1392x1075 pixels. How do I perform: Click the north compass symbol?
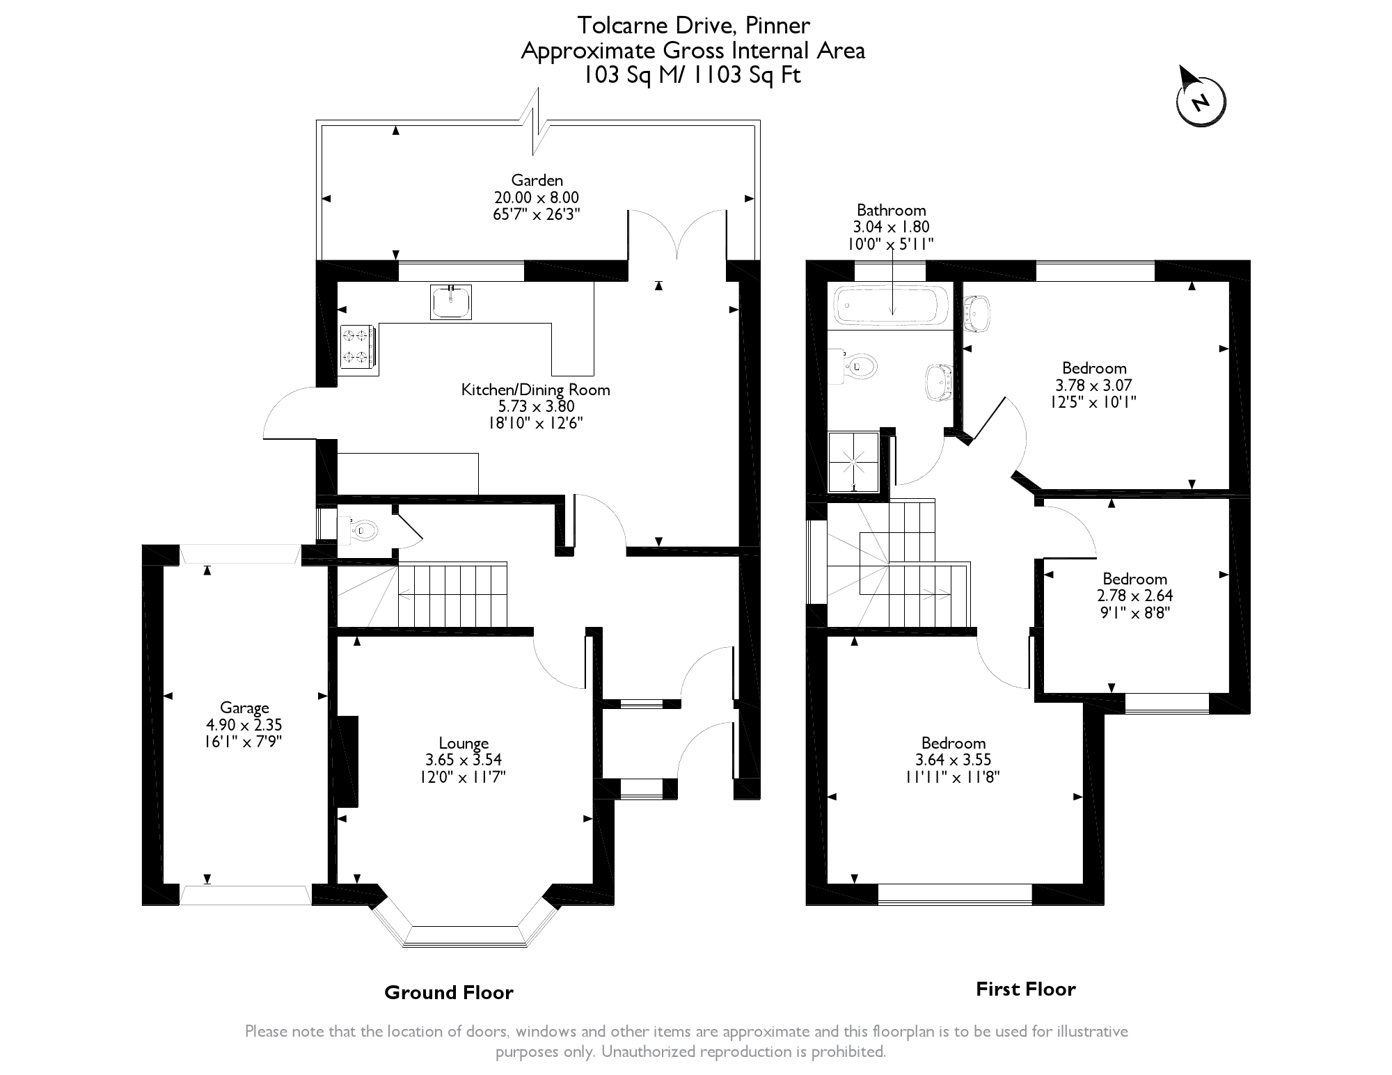tap(1201, 102)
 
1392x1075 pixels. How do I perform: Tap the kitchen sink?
tap(451, 302)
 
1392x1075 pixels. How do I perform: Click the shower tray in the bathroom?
tap(853, 461)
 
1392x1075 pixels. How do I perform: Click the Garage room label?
tap(244, 708)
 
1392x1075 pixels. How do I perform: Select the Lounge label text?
tap(464, 743)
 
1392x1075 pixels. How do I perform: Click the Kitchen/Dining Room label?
tap(535, 390)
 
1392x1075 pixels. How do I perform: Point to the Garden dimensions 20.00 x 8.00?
tap(536, 198)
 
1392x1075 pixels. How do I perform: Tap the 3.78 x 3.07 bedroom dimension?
tap(1094, 385)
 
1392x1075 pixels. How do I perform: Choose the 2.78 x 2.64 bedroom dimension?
tap(1134, 596)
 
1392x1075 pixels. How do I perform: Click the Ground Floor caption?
tap(449, 993)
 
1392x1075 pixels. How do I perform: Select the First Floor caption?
tap(1025, 989)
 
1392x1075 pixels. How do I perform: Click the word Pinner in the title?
tap(777, 26)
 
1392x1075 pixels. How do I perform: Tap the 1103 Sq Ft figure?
tap(754, 74)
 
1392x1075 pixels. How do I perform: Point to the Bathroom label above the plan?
tap(891, 210)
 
